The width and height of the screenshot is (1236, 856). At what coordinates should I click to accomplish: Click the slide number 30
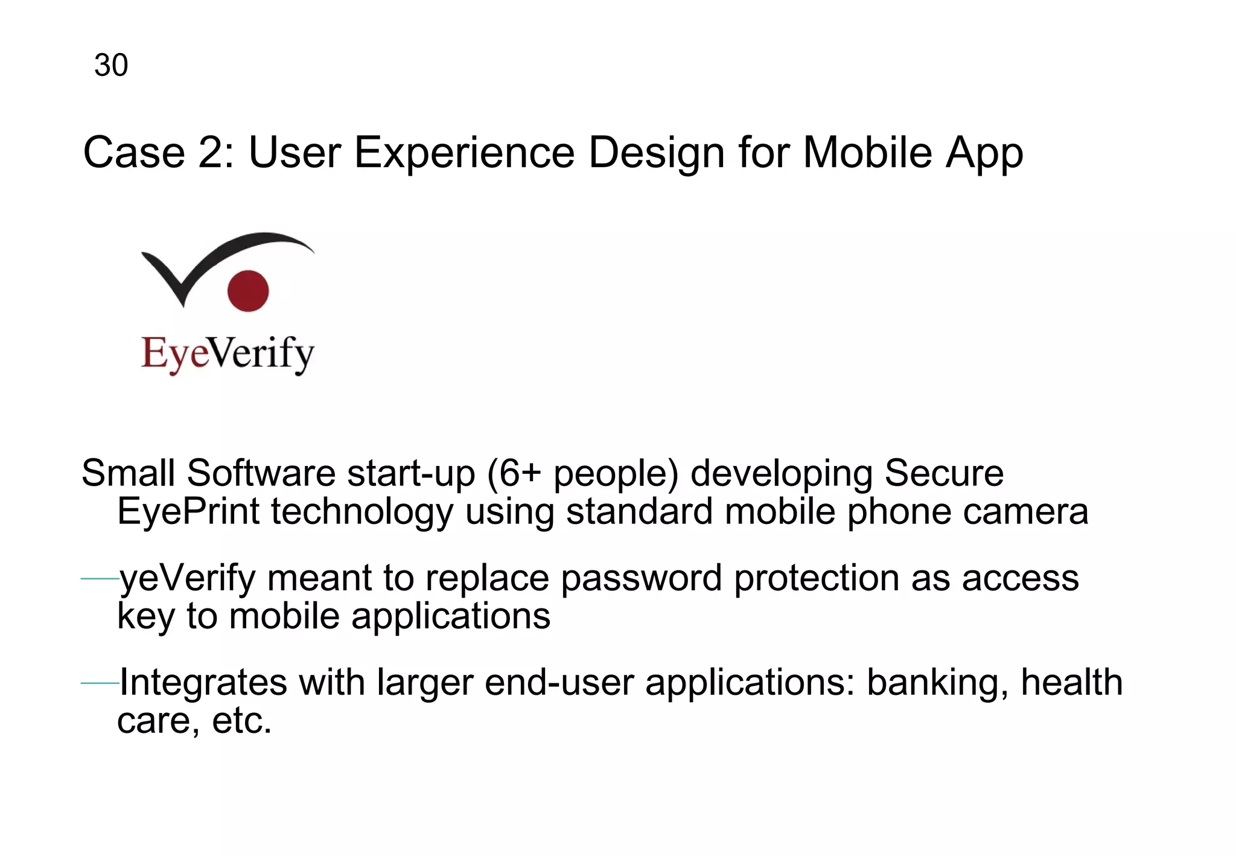(111, 65)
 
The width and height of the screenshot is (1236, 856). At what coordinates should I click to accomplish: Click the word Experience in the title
(464, 153)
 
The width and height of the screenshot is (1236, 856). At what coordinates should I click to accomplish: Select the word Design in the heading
(656, 153)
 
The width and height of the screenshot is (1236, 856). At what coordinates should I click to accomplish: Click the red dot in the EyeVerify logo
(248, 291)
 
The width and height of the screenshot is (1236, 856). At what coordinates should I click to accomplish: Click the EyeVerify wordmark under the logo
(228, 354)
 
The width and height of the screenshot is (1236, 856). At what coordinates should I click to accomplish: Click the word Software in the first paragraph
(261, 473)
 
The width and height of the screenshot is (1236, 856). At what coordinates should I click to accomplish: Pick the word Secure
(944, 473)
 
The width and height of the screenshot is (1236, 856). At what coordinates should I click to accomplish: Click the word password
(641, 578)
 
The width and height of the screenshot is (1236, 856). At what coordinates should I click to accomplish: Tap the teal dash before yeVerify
(100, 580)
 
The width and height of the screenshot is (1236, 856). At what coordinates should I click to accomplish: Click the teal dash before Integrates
(100, 683)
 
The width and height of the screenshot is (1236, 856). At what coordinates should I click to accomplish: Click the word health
(1071, 682)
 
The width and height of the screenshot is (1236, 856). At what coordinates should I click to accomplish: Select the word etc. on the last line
(242, 721)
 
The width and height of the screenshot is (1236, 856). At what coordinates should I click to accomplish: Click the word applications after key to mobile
(451, 616)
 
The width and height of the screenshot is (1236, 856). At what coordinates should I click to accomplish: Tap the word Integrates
(203, 683)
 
